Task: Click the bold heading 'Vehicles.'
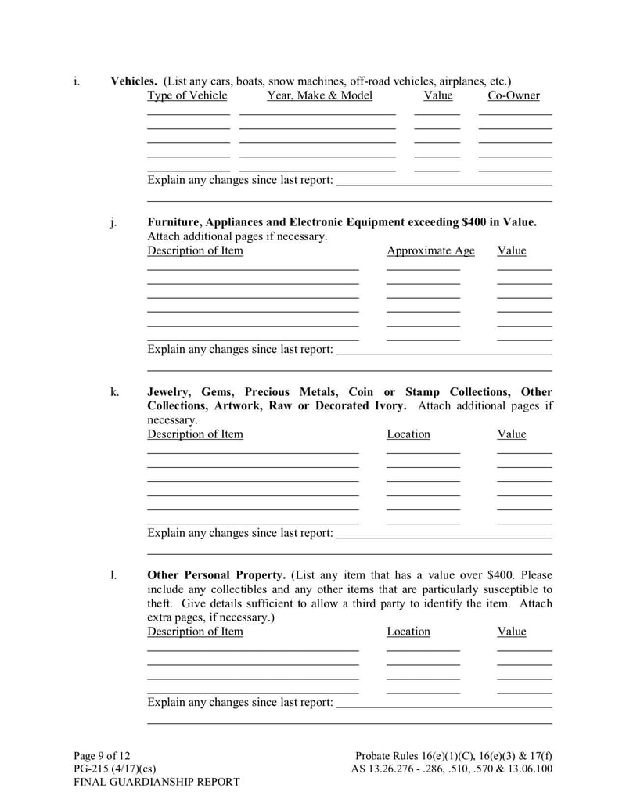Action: [134, 81]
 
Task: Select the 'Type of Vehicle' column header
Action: [187, 95]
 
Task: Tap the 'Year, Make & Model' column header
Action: [319, 95]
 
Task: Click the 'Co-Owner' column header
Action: [513, 95]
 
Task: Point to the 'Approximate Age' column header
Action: [430, 250]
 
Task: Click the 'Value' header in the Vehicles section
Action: [437, 95]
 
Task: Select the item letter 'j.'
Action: [114, 222]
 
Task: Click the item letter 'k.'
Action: [114, 392]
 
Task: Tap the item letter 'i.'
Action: [76, 81]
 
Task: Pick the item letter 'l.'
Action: [113, 575]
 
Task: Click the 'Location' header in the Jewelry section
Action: [408, 434]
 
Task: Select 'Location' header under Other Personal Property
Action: [408, 632]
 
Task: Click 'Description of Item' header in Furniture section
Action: [195, 250]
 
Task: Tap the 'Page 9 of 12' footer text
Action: [102, 755]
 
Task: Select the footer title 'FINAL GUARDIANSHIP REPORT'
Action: [156, 782]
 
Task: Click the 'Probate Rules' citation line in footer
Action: [453, 755]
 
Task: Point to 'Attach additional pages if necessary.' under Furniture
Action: [237, 236]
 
